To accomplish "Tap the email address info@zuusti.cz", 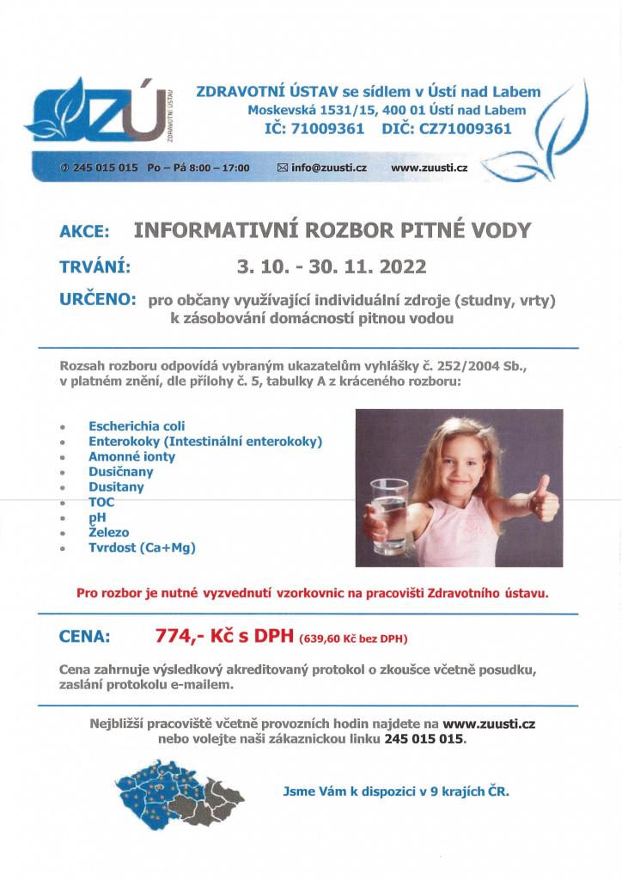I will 329,168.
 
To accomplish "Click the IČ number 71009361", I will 320,129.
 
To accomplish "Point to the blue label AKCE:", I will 84,231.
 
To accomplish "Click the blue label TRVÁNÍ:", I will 95,267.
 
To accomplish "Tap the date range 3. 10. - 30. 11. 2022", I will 332,267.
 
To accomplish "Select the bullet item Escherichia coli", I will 137,425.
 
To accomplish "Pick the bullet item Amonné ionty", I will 131,456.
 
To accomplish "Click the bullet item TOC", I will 101,502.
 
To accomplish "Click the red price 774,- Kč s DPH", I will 224,637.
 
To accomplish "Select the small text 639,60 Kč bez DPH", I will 353,639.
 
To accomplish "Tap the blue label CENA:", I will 84,638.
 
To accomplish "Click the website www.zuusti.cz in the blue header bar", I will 429,168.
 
